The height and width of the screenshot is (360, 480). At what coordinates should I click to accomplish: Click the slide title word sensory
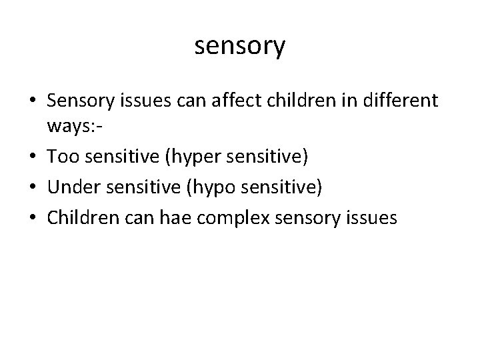click(240, 46)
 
